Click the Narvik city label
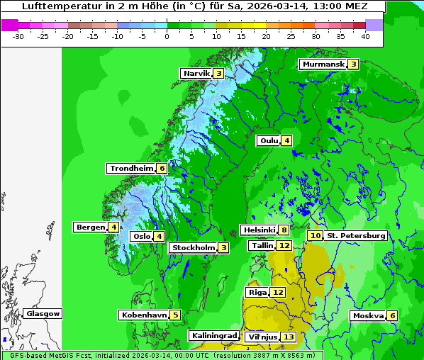click(x=197, y=74)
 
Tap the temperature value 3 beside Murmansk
click(x=353, y=64)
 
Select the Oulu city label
click(x=269, y=141)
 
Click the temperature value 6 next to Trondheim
click(x=162, y=169)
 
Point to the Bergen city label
click(x=90, y=227)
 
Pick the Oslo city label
click(x=141, y=237)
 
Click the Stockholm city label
click(x=193, y=248)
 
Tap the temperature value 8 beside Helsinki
click(x=284, y=230)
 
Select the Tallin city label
click(x=262, y=246)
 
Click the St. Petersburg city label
click(x=356, y=235)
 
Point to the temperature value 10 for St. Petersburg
click(x=316, y=235)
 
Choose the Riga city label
click(x=257, y=293)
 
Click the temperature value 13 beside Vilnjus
click(x=288, y=337)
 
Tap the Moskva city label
click(x=369, y=315)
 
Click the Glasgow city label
click(x=43, y=314)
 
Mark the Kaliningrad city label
click(x=214, y=335)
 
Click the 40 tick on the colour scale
click(x=365, y=35)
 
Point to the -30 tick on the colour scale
click(x=18, y=35)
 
